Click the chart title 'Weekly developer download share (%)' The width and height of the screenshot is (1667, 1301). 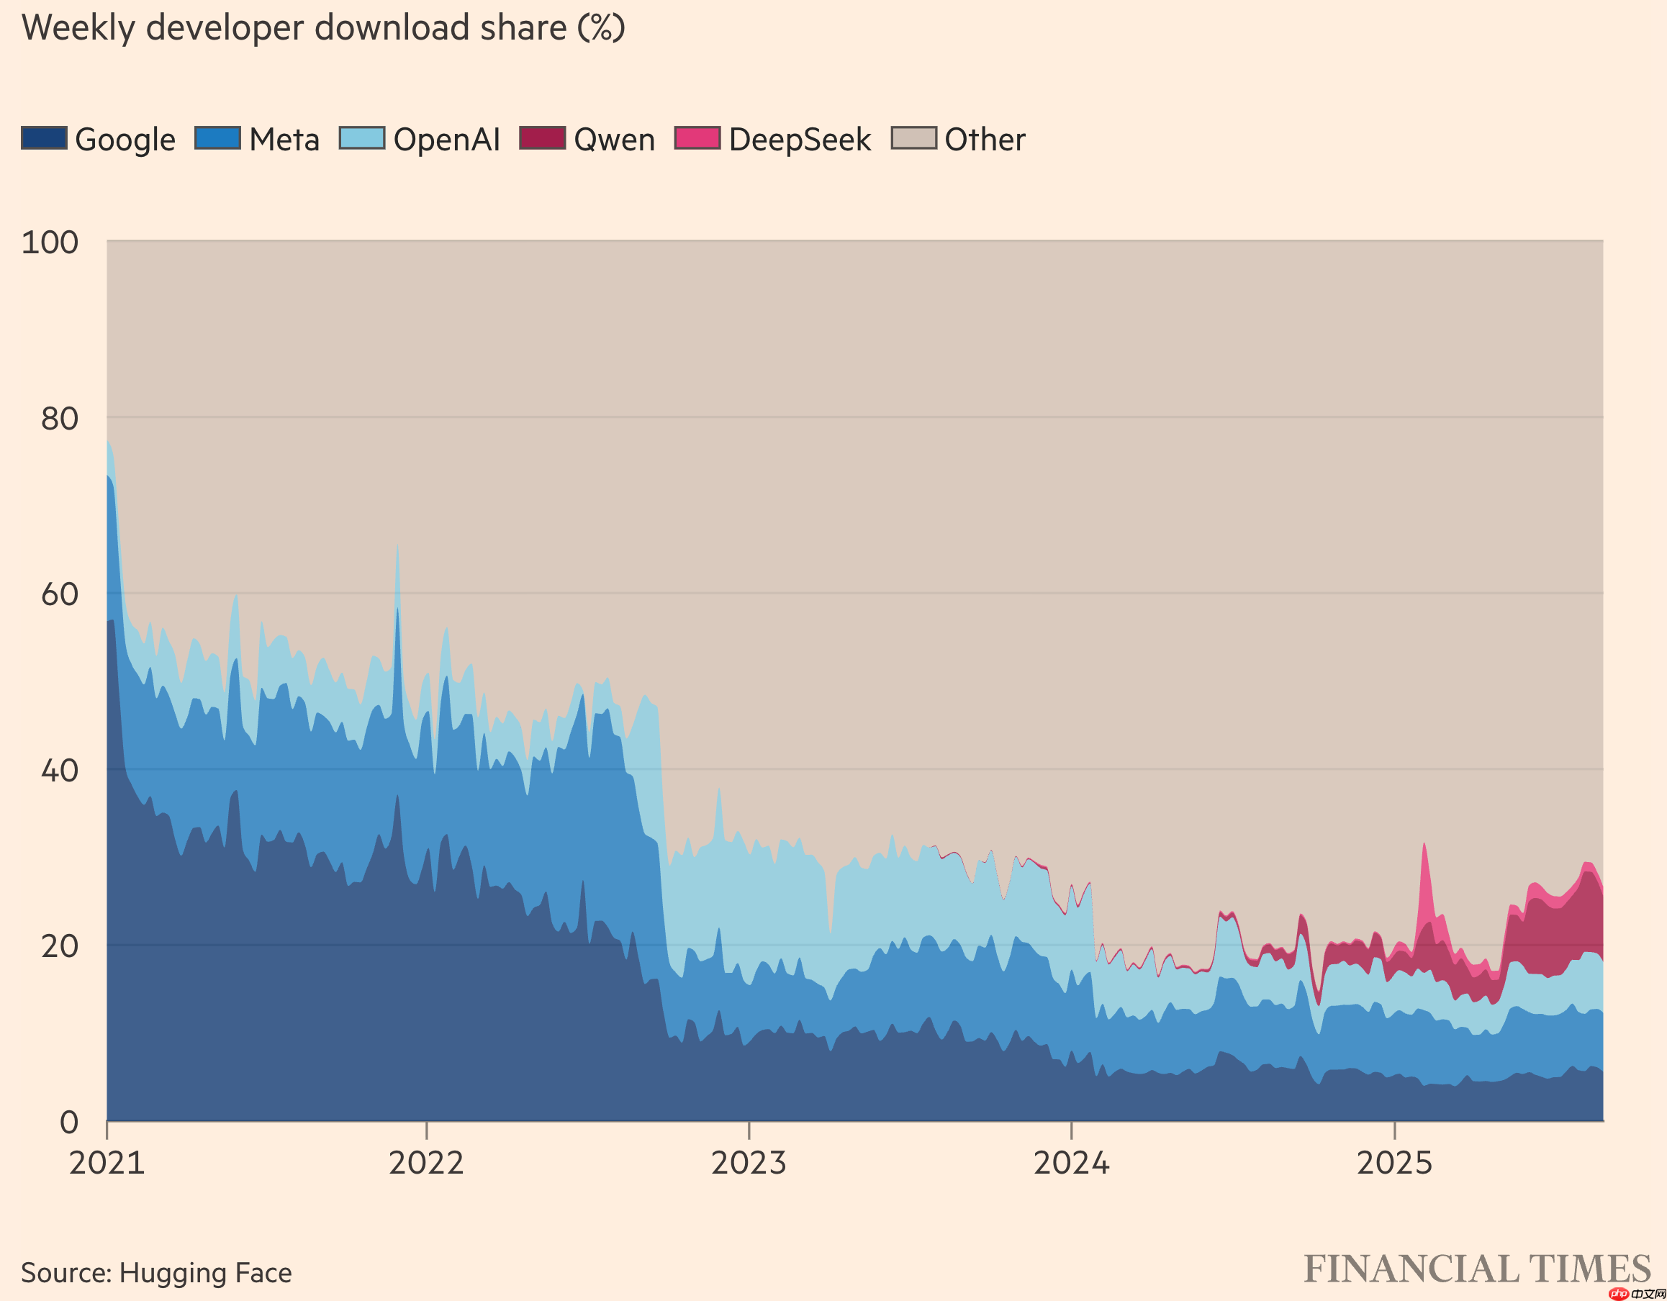click(x=323, y=28)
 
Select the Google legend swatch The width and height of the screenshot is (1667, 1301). click(x=43, y=138)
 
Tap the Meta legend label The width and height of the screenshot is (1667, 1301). click(x=284, y=140)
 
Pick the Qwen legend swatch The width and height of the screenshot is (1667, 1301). click(x=542, y=138)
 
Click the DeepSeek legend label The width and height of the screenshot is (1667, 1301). click(x=799, y=140)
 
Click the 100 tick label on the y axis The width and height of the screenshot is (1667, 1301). click(x=50, y=242)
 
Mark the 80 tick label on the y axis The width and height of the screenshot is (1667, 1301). click(x=59, y=418)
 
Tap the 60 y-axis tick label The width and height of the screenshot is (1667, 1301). click(x=59, y=594)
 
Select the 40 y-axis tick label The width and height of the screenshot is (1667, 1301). click(x=59, y=770)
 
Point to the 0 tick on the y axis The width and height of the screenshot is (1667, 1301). click(x=68, y=1122)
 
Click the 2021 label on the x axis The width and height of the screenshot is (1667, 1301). click(x=107, y=1162)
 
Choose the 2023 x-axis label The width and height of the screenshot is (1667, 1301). click(x=749, y=1162)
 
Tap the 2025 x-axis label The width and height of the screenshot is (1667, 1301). click(x=1394, y=1162)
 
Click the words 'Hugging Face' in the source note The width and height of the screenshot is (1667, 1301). click(x=205, y=1273)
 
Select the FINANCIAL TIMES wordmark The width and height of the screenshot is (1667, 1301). click(x=1476, y=1269)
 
